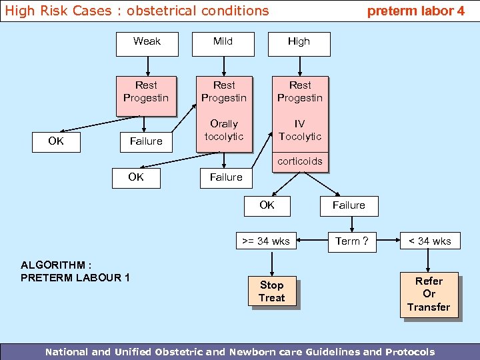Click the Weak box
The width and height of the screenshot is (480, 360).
coord(147,42)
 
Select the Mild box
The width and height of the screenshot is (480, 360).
coord(223,42)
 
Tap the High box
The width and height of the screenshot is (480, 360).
coord(299,42)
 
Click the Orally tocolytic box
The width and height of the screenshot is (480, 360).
coord(224,131)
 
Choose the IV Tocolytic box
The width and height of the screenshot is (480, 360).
coord(300,131)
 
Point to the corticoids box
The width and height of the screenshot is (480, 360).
coord(300,161)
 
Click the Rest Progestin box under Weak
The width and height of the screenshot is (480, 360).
coord(146,92)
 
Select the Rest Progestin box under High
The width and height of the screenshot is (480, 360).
coord(300,92)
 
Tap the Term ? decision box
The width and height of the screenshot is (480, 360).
coord(351,241)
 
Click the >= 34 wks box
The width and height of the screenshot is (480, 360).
coord(266,241)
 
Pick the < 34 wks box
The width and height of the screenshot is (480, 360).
coord(429,241)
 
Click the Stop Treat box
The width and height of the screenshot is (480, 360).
coord(271,292)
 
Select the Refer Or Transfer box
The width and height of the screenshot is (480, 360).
coord(429,294)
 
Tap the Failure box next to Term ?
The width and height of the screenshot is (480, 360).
coord(349,206)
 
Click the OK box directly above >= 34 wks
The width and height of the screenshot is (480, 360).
coord(267,206)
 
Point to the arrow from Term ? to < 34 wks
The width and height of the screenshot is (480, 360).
coord(387,241)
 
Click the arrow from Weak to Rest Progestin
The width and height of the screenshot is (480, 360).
coord(147,65)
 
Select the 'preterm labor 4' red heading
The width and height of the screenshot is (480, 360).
coord(416,11)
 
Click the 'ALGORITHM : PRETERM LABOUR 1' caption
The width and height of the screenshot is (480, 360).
coord(75,271)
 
